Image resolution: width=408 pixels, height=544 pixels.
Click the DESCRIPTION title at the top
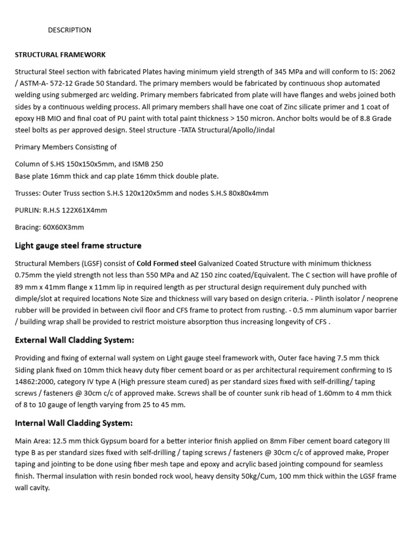click(70, 30)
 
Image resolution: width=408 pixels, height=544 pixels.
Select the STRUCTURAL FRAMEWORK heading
click(60, 55)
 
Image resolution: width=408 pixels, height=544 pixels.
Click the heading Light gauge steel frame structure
click(78, 246)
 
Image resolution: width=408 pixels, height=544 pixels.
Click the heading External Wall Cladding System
click(74, 340)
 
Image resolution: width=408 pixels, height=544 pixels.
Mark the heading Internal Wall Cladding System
click(73, 423)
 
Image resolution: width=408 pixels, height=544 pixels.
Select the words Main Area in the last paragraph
click(31, 441)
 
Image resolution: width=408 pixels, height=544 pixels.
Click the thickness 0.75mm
click(30, 275)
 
